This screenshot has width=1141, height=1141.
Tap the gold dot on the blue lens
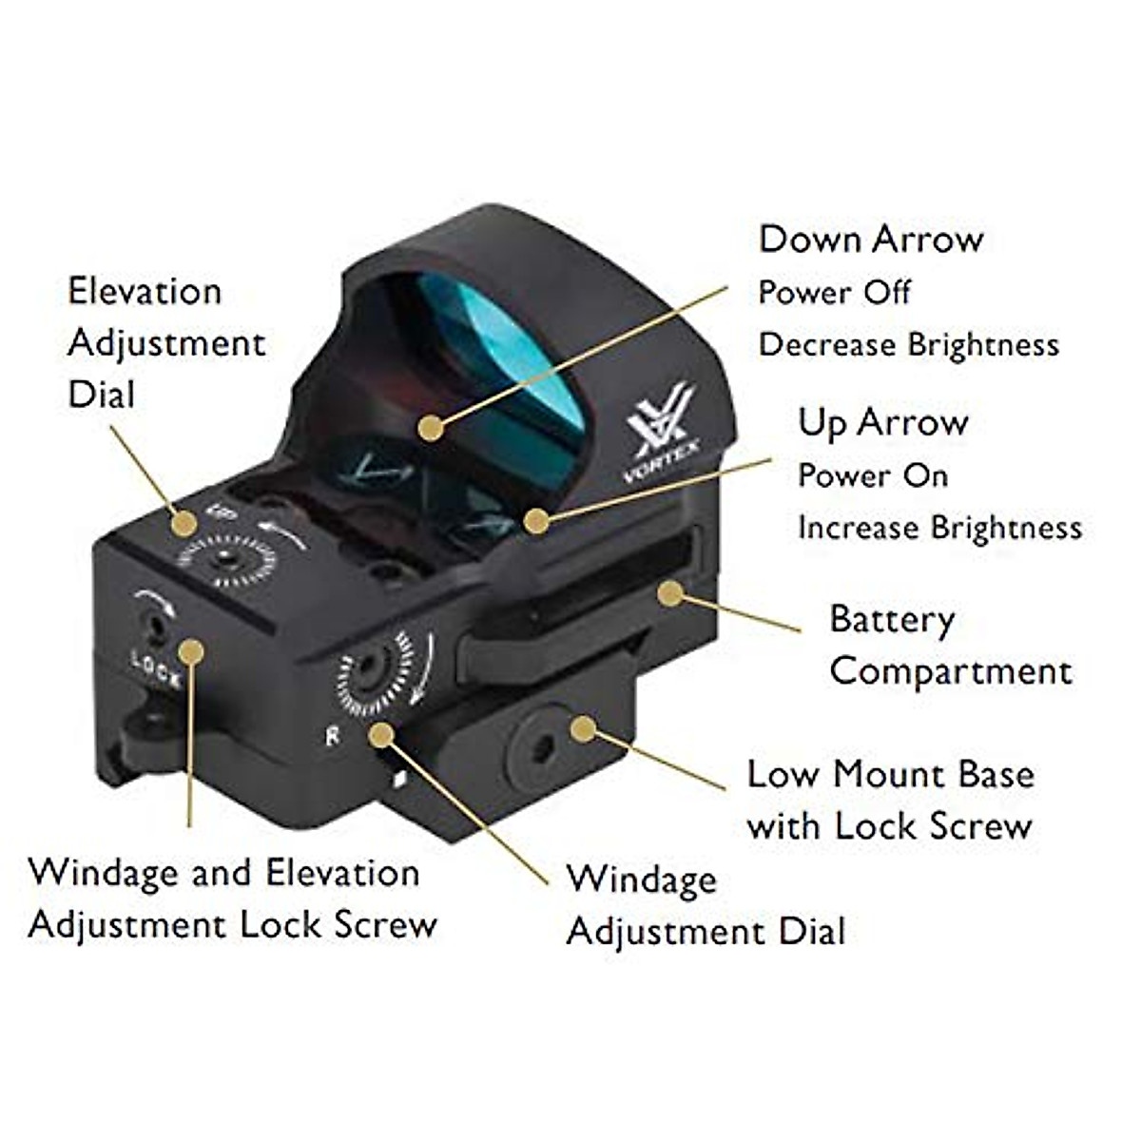pyautogui.click(x=431, y=428)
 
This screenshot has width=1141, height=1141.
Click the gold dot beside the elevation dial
pyautogui.click(x=184, y=522)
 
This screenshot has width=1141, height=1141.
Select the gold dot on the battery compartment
pyautogui.click(x=670, y=594)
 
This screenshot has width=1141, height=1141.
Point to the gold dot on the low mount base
pyautogui.click(x=583, y=730)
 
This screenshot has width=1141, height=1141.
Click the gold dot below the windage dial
pyautogui.click(x=382, y=734)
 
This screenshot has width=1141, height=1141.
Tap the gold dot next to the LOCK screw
pyautogui.click(x=191, y=651)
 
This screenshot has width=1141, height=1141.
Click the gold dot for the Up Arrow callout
pyautogui.click(x=536, y=520)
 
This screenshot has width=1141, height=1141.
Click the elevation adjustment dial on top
pyautogui.click(x=227, y=558)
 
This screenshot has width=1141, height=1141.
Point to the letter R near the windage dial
pyautogui.click(x=332, y=735)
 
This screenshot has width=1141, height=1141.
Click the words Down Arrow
pyautogui.click(x=870, y=239)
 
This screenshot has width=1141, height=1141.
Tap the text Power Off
pyautogui.click(x=834, y=292)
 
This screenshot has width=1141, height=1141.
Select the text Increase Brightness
pyautogui.click(x=939, y=528)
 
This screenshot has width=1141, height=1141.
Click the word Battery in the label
pyautogui.click(x=892, y=620)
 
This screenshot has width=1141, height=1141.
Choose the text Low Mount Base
pyautogui.click(x=890, y=774)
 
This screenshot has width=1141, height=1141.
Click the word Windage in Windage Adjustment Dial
pyautogui.click(x=642, y=880)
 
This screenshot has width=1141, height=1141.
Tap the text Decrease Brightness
pyautogui.click(x=908, y=344)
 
